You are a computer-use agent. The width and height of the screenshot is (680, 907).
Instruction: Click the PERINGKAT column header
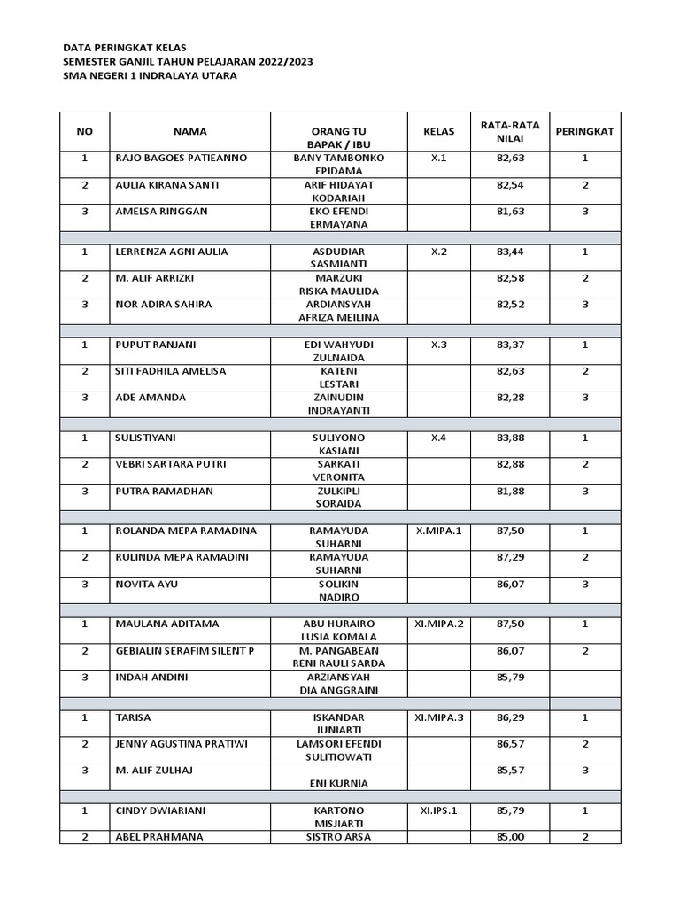click(x=584, y=131)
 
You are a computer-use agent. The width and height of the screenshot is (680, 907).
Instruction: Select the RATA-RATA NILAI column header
click(x=511, y=131)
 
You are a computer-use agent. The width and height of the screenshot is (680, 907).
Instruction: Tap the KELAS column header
click(x=439, y=131)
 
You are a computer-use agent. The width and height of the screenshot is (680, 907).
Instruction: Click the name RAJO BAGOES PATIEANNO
click(x=182, y=158)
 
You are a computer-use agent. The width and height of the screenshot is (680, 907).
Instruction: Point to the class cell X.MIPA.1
click(x=439, y=531)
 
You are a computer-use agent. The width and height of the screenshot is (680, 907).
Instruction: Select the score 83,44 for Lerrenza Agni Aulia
click(x=511, y=252)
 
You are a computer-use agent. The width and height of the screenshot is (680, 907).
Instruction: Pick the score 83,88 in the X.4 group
click(x=511, y=438)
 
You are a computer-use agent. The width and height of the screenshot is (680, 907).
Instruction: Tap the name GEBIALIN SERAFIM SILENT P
click(x=185, y=651)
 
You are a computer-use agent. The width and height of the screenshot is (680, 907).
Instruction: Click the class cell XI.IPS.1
click(x=439, y=810)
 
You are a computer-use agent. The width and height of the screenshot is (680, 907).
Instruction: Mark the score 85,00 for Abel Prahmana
click(x=511, y=837)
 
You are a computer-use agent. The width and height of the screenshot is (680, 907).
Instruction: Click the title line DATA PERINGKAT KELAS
click(x=125, y=47)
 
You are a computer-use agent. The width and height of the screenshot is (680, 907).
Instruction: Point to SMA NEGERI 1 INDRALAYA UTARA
click(x=150, y=75)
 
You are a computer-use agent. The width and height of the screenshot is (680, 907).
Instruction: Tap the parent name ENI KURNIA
click(x=338, y=783)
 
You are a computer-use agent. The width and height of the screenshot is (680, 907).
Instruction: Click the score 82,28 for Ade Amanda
click(x=511, y=398)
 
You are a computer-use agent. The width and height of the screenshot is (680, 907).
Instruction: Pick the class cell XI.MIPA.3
click(x=439, y=717)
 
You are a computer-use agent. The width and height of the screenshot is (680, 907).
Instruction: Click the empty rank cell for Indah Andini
click(x=584, y=684)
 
